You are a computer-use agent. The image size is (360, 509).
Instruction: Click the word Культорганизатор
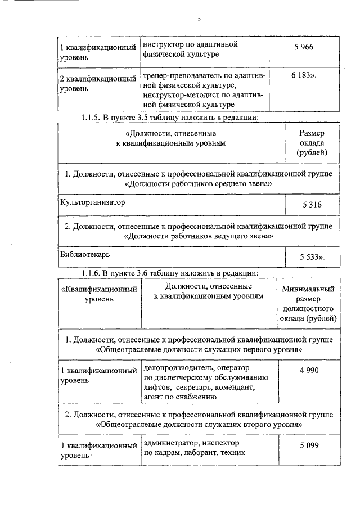93,202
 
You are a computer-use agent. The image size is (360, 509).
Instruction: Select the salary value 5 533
311,257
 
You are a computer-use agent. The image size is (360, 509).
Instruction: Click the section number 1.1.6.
92,273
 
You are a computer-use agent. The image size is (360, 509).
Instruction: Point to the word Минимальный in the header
308,289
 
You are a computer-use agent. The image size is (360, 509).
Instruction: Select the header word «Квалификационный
99,289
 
